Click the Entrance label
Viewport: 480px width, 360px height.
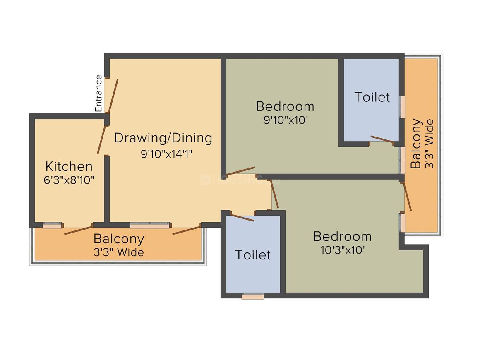click(98, 94)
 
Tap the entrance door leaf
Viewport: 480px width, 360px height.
click(113, 96)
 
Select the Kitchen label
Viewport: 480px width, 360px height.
click(69, 166)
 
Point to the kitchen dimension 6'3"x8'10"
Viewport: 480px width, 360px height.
click(69, 180)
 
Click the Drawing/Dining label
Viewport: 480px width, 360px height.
click(163, 138)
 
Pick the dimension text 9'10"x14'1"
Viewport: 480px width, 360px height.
click(166, 154)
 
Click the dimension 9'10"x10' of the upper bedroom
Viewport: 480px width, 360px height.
click(286, 120)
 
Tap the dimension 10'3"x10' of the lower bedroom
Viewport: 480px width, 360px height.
click(343, 250)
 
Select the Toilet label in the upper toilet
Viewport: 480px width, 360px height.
click(372, 97)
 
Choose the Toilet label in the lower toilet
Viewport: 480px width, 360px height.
click(253, 255)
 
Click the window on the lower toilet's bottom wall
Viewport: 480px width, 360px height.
click(252, 296)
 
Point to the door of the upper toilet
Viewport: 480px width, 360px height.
click(382, 139)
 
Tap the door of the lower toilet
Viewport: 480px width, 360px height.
click(242, 218)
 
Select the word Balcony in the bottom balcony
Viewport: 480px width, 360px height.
click(119, 239)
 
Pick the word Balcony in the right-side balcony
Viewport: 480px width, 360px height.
click(416, 144)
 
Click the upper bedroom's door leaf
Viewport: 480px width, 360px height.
click(240, 171)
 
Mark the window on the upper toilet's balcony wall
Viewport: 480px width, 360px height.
click(403, 107)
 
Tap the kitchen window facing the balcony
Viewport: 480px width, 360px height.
click(52, 225)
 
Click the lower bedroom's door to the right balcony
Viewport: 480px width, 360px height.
click(408, 197)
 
